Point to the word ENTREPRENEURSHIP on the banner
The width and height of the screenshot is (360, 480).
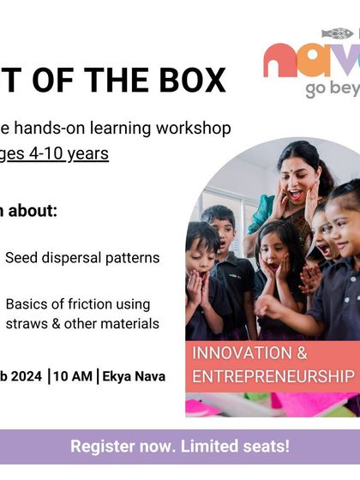point(273,376)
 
